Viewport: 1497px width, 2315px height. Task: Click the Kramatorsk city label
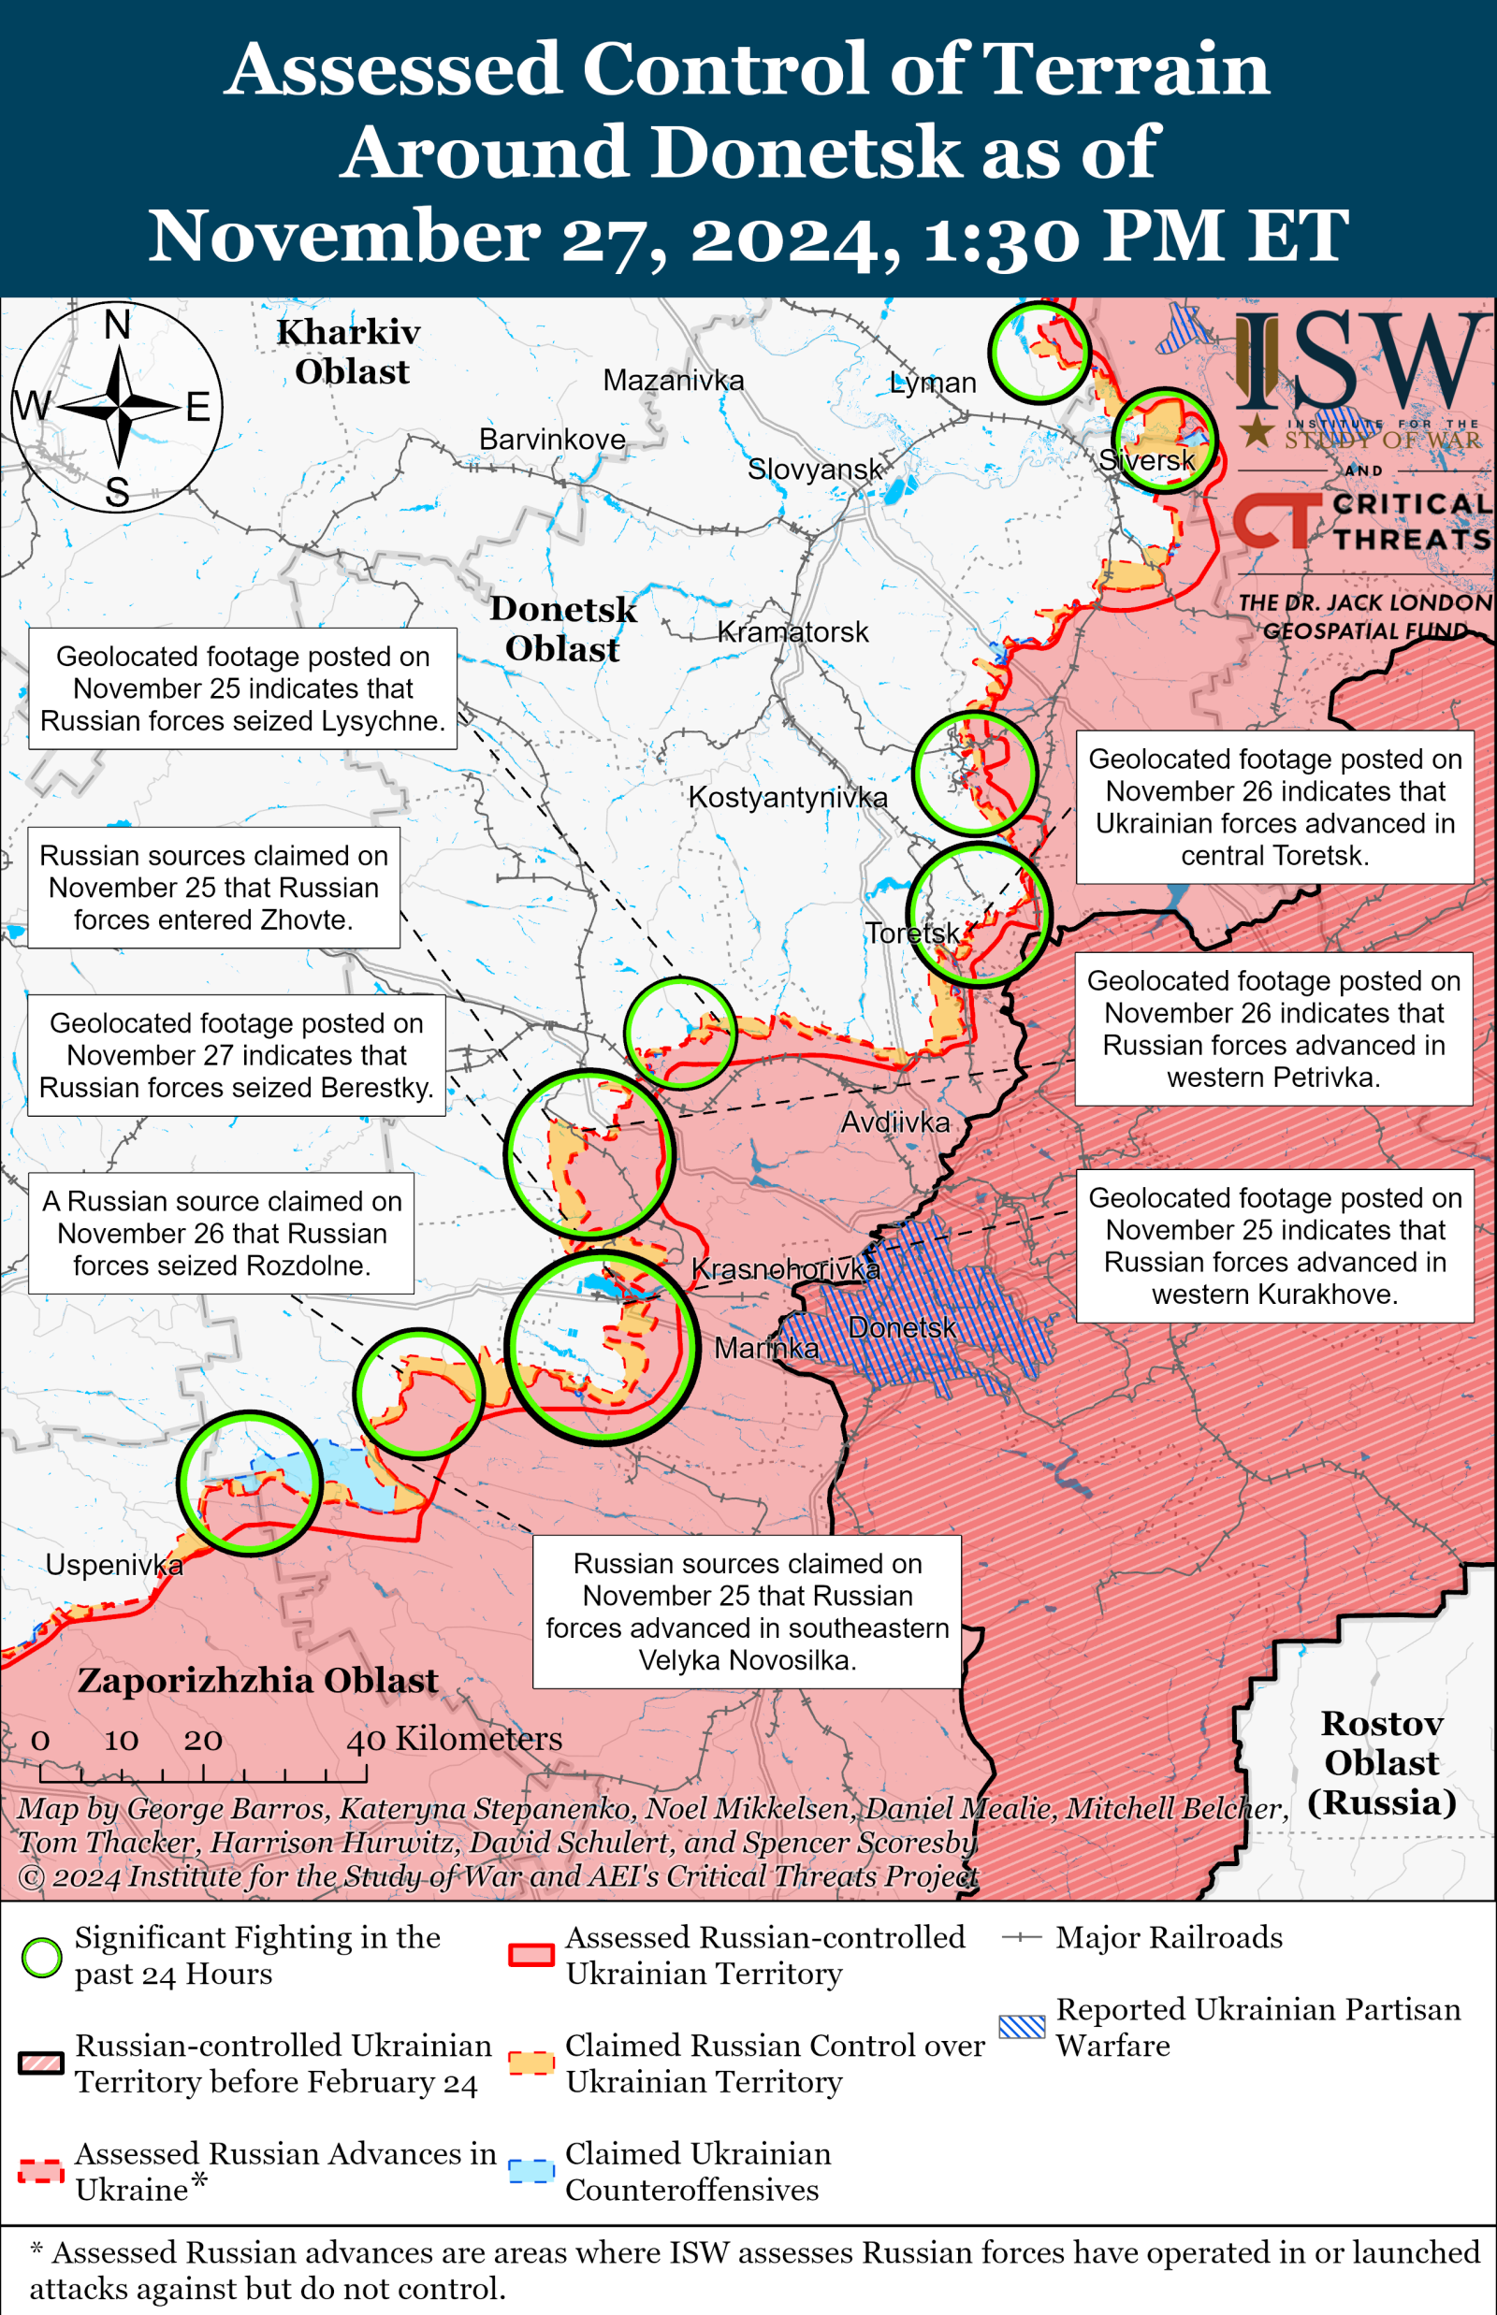(792, 632)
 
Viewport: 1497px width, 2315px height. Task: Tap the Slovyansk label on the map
(814, 470)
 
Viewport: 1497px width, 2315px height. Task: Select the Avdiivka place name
(894, 1122)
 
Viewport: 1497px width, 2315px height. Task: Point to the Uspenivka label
(114, 1565)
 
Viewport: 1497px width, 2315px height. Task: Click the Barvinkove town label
(551, 440)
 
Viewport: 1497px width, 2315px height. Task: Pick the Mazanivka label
(673, 380)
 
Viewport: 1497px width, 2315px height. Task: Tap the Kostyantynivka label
(788, 798)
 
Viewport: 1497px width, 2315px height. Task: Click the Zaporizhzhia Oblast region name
(257, 1681)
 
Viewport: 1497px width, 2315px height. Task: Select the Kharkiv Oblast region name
(349, 352)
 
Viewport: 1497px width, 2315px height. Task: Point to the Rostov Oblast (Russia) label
(1380, 1762)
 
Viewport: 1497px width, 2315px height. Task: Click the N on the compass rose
(118, 325)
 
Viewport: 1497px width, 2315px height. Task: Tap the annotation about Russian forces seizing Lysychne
(242, 688)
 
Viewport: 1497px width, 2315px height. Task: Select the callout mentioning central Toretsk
(1273, 806)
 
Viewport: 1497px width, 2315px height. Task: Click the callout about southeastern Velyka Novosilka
(747, 1612)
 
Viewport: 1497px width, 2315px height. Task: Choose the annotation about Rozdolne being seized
(221, 1233)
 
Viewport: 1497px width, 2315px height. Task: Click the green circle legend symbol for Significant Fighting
(42, 1958)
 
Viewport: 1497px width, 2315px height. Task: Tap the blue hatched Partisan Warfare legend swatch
(1022, 2026)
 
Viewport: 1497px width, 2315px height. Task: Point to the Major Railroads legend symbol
(1022, 1938)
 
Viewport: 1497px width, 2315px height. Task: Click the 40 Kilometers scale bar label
(454, 1739)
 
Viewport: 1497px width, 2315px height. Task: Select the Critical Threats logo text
(1409, 521)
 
